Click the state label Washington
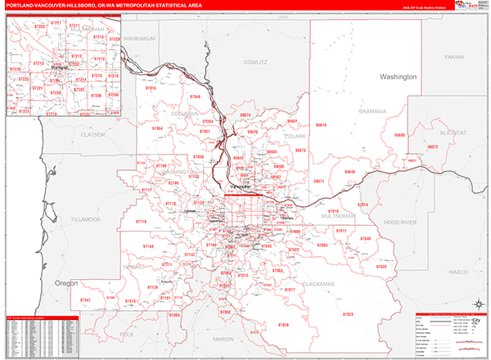[398, 76]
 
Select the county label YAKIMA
[453, 57]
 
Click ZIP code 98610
[321, 125]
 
